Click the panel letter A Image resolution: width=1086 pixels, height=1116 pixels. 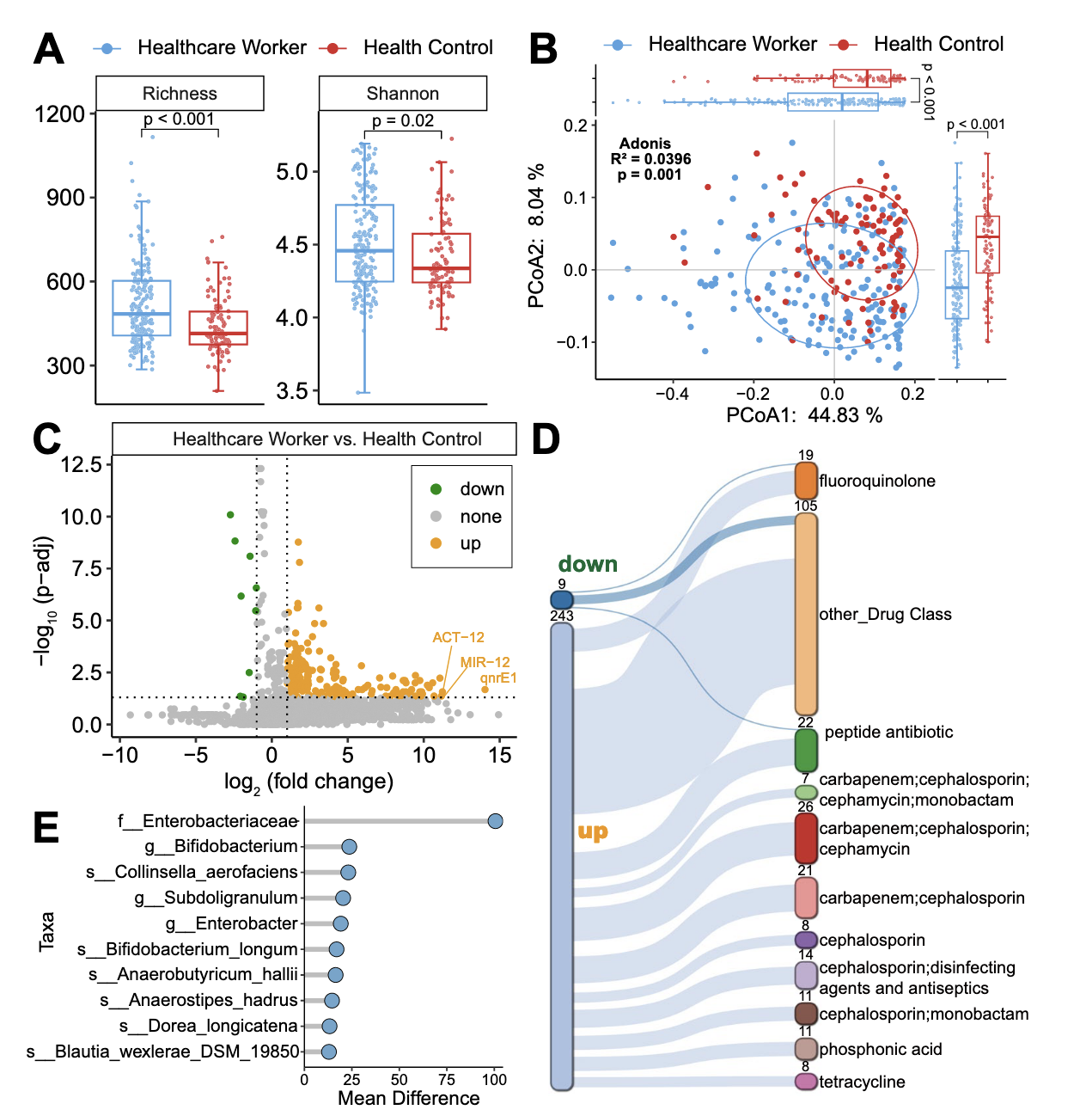click(x=49, y=49)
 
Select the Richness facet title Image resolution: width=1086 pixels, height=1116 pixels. click(x=180, y=93)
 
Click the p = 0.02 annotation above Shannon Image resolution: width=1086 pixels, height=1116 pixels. click(x=403, y=120)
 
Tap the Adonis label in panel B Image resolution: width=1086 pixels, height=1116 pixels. click(x=644, y=144)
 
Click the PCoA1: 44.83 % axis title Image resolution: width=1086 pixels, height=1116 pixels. click(x=804, y=416)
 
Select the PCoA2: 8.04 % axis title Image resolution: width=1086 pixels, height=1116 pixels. click(x=536, y=236)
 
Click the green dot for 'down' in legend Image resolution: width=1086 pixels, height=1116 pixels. click(x=436, y=489)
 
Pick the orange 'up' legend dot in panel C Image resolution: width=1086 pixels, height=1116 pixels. click(x=436, y=543)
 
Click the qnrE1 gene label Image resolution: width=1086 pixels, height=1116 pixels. click(x=498, y=678)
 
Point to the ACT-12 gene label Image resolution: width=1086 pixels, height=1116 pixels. click(x=458, y=637)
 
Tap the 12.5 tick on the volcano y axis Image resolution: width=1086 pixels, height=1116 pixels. click(x=81, y=465)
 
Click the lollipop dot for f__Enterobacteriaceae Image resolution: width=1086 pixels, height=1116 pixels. click(x=495, y=821)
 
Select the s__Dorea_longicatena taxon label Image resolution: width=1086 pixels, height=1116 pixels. click(x=209, y=1026)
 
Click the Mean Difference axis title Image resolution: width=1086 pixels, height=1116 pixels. click(x=408, y=1098)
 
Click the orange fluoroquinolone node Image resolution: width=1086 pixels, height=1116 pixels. click(x=805, y=480)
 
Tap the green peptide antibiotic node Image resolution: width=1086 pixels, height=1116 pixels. click(x=805, y=750)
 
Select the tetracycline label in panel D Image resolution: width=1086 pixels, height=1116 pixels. click(x=862, y=1082)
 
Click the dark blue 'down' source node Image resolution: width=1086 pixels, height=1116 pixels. click(x=561, y=599)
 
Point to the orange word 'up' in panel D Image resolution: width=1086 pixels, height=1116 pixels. click(x=593, y=831)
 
